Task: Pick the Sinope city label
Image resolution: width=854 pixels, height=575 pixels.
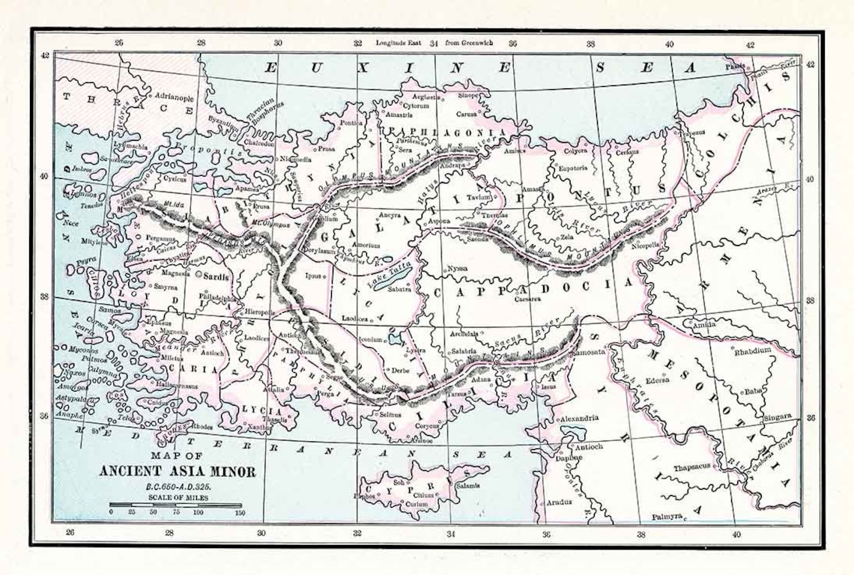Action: click(469, 96)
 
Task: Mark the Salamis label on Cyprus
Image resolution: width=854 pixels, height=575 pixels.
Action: click(467, 485)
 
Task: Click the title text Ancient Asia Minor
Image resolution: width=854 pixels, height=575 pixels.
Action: click(178, 472)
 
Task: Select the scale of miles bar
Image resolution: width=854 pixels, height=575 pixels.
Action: click(176, 505)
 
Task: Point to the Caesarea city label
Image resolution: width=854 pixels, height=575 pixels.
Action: click(527, 299)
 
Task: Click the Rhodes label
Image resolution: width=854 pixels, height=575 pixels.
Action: click(202, 428)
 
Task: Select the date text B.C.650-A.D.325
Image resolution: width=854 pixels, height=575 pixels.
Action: click(177, 487)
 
